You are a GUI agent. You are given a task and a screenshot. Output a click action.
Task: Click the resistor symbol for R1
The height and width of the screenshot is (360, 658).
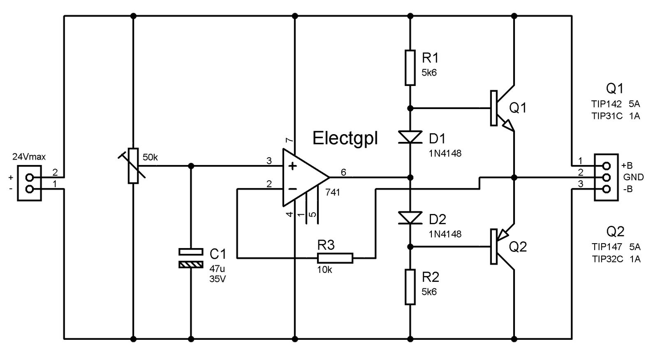pyautogui.click(x=410, y=68)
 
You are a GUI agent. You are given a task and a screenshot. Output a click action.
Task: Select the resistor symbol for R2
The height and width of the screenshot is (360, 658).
pyautogui.click(x=410, y=287)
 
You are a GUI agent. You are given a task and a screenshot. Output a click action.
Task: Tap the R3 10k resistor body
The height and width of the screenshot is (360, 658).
pyautogui.click(x=335, y=258)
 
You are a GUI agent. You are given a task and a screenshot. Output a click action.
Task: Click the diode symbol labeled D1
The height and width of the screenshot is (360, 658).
pyautogui.click(x=410, y=137)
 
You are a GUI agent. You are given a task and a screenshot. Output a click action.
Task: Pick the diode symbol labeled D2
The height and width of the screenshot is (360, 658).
pyautogui.click(x=410, y=218)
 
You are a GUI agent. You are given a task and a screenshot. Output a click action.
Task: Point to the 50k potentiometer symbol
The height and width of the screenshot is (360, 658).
pyautogui.click(x=132, y=166)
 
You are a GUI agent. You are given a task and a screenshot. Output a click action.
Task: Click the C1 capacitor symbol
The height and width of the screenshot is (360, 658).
pyautogui.click(x=191, y=258)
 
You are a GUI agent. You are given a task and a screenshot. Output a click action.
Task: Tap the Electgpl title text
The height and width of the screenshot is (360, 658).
pyautogui.click(x=345, y=138)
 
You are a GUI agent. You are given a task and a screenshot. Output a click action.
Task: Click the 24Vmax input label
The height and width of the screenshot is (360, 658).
pyautogui.click(x=29, y=157)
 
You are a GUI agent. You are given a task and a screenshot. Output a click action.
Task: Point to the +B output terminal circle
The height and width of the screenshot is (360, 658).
pyautogui.click(x=606, y=166)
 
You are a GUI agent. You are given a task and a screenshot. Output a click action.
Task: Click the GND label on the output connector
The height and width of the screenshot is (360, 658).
pyautogui.click(x=633, y=177)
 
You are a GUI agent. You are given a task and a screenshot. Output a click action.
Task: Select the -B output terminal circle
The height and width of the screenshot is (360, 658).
pyautogui.click(x=606, y=189)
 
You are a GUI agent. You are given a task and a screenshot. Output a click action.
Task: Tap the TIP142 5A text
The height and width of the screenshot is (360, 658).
pyautogui.click(x=616, y=104)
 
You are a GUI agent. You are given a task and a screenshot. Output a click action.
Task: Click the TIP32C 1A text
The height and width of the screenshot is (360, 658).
pyautogui.click(x=616, y=259)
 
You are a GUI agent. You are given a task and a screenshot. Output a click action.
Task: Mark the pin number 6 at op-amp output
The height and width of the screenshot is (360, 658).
pyautogui.click(x=343, y=172)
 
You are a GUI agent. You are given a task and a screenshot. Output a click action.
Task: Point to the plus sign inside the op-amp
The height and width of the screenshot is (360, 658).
pyautogui.click(x=292, y=166)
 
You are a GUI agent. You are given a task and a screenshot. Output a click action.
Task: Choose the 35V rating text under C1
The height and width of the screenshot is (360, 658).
pyautogui.click(x=218, y=279)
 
